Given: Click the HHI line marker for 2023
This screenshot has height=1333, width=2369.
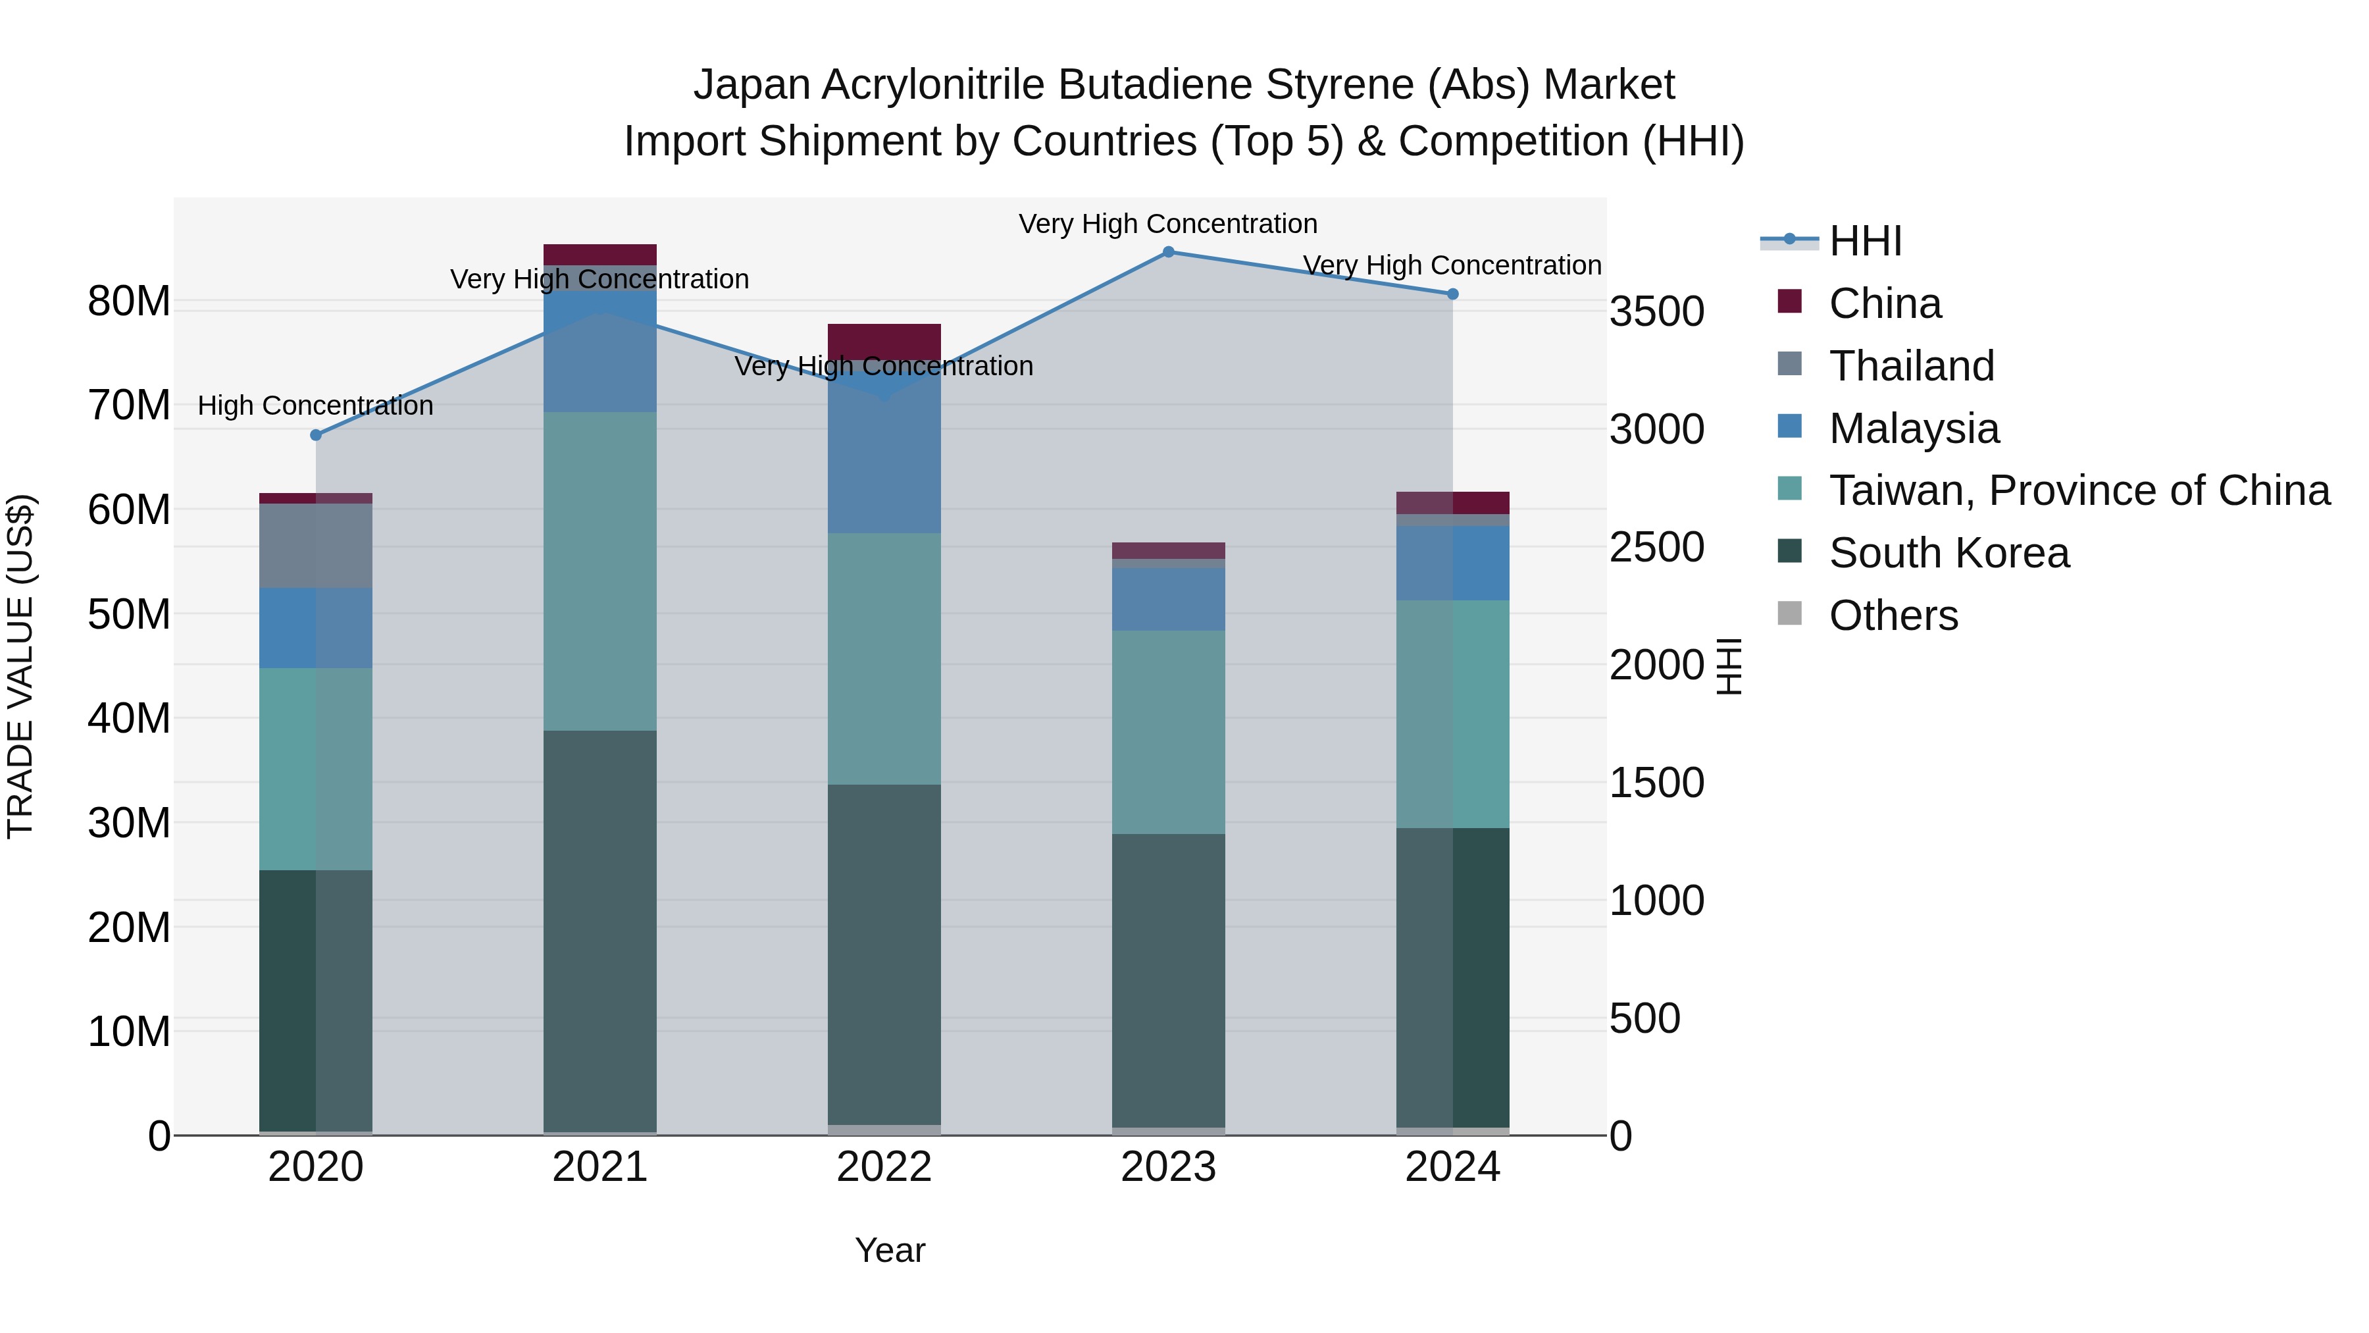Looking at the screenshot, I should tap(1168, 251).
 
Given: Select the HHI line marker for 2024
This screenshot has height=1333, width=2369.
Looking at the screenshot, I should tap(1452, 294).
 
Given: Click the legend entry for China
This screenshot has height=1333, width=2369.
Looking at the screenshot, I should tap(1885, 303).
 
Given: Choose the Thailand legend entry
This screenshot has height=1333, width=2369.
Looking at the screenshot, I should tap(1911, 365).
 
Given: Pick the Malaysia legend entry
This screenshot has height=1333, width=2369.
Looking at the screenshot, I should tap(1913, 428).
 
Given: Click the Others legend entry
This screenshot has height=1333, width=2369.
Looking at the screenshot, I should tap(1893, 615).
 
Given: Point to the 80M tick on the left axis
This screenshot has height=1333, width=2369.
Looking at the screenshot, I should tap(129, 301).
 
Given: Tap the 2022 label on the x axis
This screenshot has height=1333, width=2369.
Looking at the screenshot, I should tap(884, 1166).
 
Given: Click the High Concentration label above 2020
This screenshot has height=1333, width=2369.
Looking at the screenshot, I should tap(315, 405).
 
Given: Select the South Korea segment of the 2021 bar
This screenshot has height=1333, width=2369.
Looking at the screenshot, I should tap(599, 929).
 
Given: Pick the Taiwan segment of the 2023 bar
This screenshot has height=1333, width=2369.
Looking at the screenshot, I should tap(1168, 731).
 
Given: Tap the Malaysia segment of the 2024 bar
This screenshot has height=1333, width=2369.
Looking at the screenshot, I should tap(1452, 562).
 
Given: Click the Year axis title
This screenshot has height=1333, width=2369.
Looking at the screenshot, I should tap(889, 1249).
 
